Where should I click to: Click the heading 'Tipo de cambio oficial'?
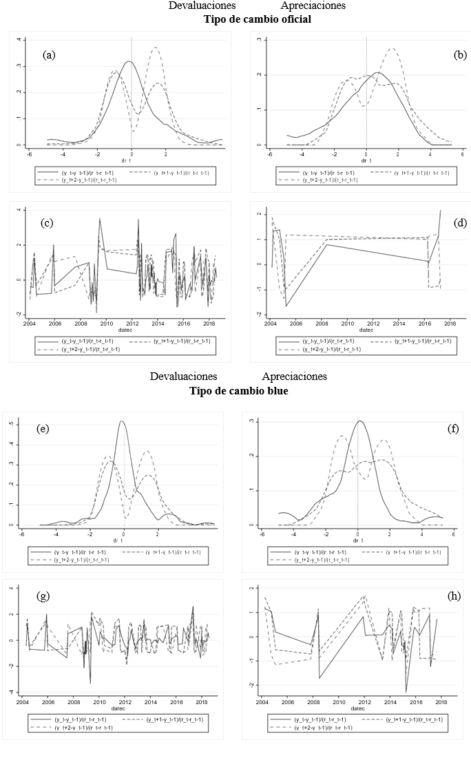pos(257,19)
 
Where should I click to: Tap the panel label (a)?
pos(49,55)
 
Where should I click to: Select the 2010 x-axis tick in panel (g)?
pos(100,703)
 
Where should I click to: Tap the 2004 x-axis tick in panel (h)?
pos(262,703)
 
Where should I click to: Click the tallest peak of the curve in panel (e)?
pos(122,421)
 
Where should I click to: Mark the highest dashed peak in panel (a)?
pos(156,47)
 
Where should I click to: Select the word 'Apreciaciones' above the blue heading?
pos(294,377)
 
